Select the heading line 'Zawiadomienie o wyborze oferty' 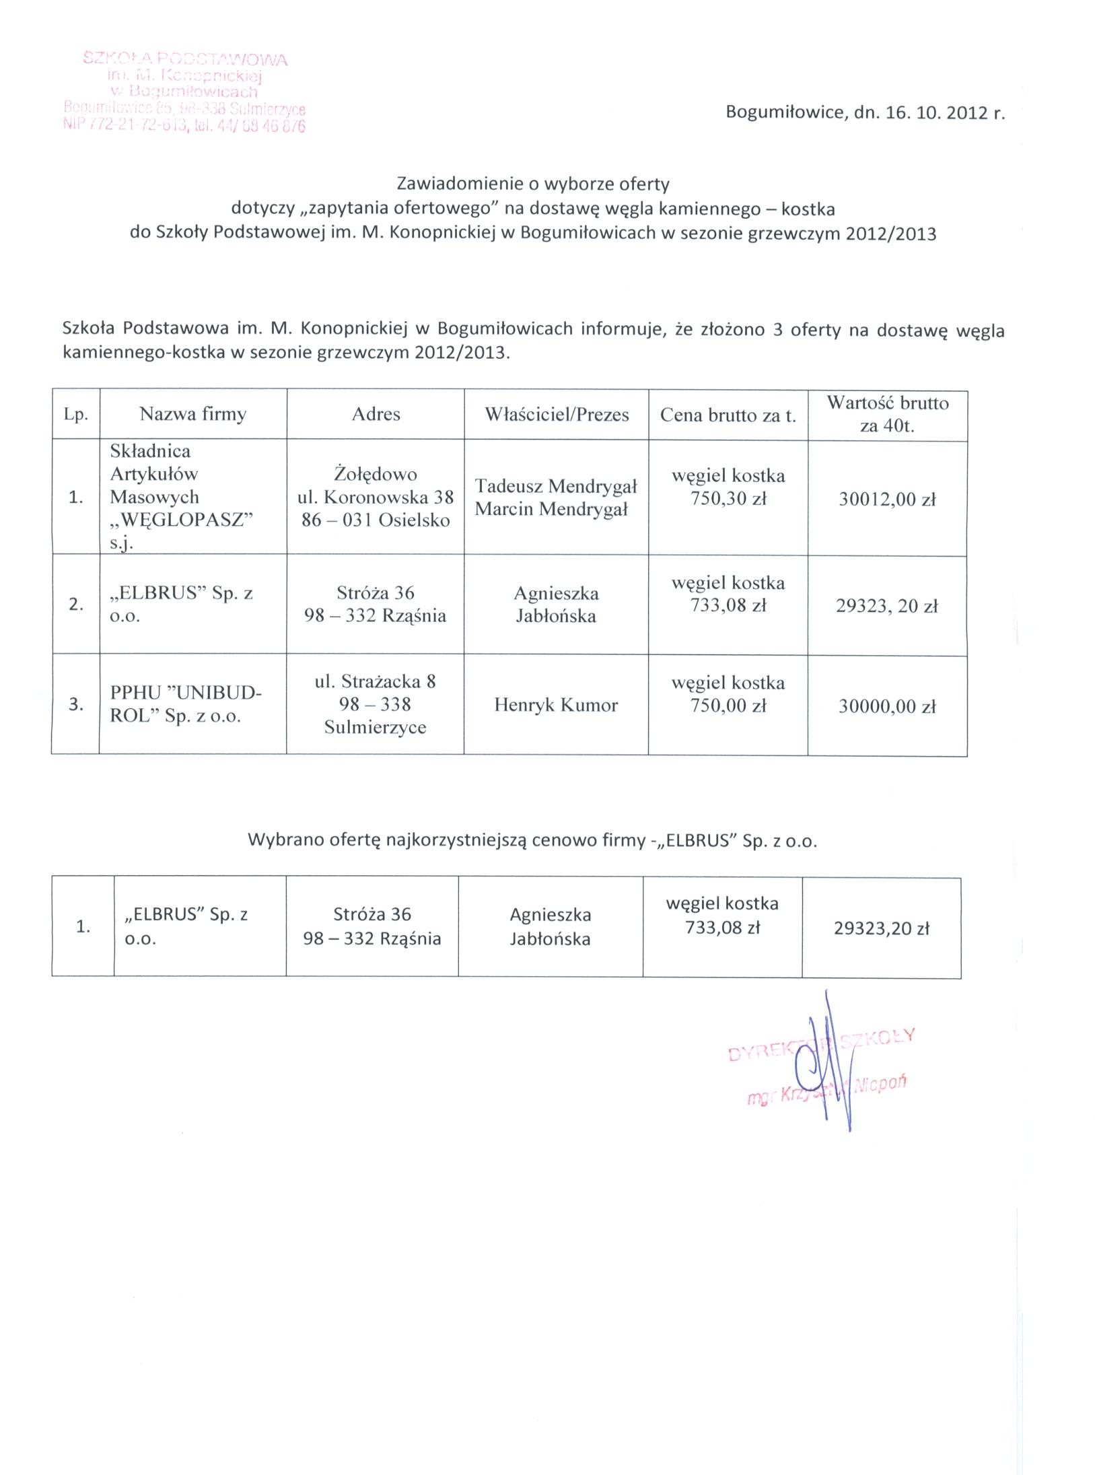click(533, 183)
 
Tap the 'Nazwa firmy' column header click(193, 414)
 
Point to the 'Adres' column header click(376, 414)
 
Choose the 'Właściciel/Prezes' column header click(557, 415)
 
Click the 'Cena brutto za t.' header click(728, 415)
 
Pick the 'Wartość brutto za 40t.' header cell click(887, 415)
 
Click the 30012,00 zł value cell click(887, 500)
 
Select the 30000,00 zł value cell click(887, 706)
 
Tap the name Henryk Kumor click(556, 705)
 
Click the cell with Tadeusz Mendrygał click(556, 498)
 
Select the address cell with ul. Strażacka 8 click(376, 704)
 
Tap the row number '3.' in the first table click(75, 705)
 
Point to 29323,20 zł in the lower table click(881, 928)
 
